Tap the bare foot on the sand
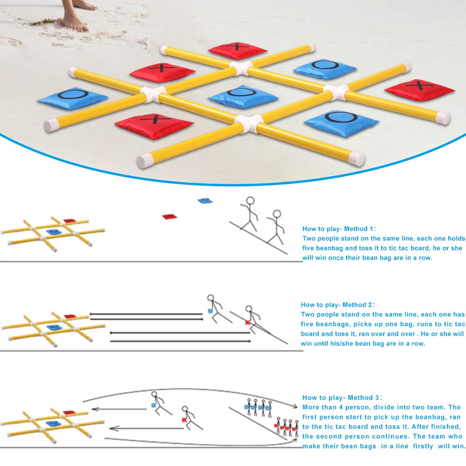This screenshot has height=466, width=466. [x=74, y=21]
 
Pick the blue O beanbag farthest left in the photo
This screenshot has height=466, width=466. [x=72, y=98]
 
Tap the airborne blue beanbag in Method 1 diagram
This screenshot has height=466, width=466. [x=205, y=200]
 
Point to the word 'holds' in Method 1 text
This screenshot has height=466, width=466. [x=455, y=238]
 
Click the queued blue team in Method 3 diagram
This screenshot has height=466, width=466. [x=257, y=407]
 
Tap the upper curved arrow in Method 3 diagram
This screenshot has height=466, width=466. [x=186, y=390]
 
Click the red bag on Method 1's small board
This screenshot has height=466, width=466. [x=69, y=221]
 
